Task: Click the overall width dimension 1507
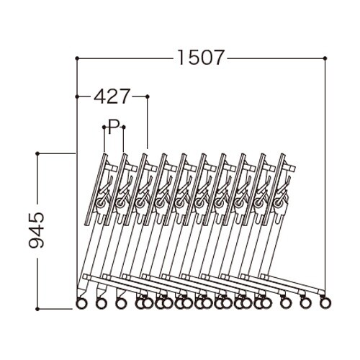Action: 200,57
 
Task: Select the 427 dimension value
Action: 112,95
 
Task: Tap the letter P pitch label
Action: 113,127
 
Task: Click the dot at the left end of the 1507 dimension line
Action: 76,57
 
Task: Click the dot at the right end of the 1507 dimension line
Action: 325,57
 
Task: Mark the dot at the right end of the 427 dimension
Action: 147,95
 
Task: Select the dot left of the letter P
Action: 104,127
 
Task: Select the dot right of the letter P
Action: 123,127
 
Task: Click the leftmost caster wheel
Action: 81,303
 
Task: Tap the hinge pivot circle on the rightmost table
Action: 276,204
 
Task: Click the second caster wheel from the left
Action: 101,303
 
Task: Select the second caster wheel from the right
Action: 305,303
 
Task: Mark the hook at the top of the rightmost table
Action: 289,170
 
